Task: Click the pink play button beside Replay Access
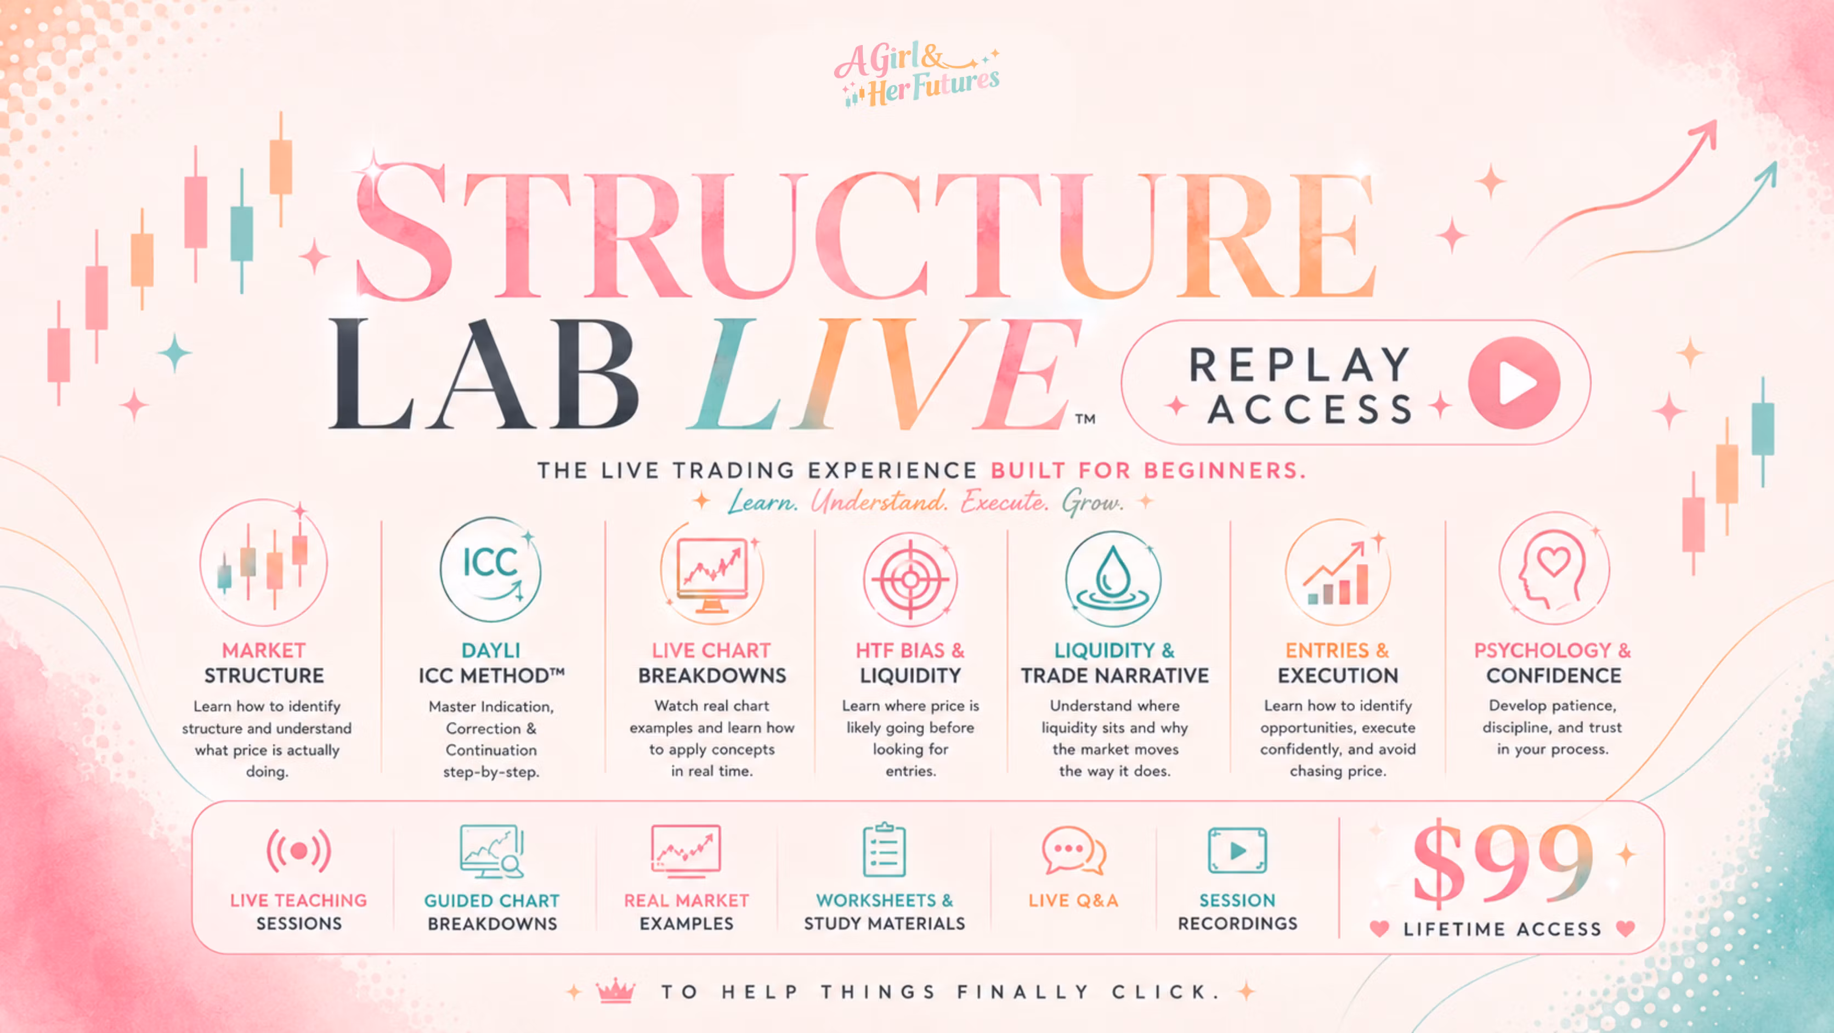(1514, 383)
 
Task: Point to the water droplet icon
(1113, 579)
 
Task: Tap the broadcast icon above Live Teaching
(299, 851)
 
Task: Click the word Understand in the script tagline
(879, 502)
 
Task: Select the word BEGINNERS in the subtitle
(1225, 470)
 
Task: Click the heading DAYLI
(490, 650)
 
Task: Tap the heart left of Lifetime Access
(1379, 928)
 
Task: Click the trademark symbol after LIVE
(1085, 419)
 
